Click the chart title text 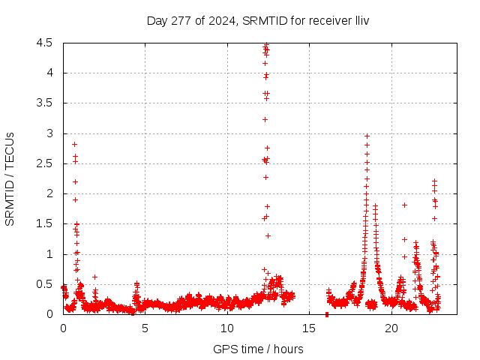[x=257, y=19]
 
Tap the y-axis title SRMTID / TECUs [x=10, y=179]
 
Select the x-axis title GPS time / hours [x=258, y=349]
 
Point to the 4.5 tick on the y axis [x=43, y=43]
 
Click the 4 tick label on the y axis [x=49, y=73]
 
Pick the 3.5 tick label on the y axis [x=43, y=103]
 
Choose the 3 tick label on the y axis [x=49, y=133]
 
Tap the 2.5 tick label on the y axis [x=43, y=163]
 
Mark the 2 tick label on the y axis [x=49, y=193]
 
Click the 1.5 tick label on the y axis [x=43, y=224]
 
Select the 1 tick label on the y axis [x=49, y=254]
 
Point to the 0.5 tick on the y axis [x=43, y=284]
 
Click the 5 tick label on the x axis [x=145, y=328]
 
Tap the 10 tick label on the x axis [x=227, y=328]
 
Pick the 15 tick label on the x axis [x=310, y=328]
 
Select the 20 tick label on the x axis [x=392, y=328]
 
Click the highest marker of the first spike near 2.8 [x=74, y=144]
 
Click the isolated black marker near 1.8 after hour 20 [x=404, y=205]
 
